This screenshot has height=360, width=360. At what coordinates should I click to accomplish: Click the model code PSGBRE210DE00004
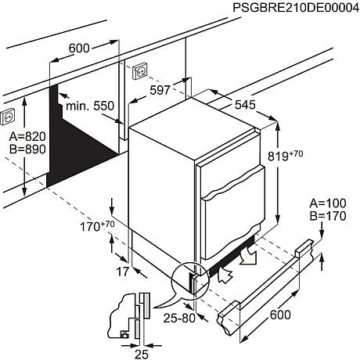point(296,8)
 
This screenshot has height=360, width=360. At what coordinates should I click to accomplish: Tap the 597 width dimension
point(160,90)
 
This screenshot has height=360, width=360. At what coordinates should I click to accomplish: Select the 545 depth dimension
point(245,105)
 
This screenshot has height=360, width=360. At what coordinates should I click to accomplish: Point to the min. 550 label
point(90,106)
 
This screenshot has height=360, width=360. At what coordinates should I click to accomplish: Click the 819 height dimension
point(286,156)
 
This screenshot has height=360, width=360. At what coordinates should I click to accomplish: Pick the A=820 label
point(27,136)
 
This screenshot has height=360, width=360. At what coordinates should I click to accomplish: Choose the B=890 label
point(27,149)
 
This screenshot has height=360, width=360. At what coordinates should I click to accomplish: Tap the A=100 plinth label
point(328,203)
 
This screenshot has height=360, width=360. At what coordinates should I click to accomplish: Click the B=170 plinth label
point(328,216)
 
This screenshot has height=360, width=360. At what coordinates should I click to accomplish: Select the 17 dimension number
point(123,272)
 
